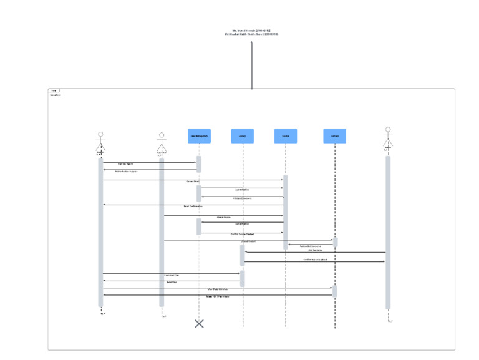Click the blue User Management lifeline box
coord(199,136)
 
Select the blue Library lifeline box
coord(243,136)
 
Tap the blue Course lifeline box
coord(286,136)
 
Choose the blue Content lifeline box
coord(334,136)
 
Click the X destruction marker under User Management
coord(199,323)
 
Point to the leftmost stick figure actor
coord(100,142)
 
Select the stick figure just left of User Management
coord(162,143)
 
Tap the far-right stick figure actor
coord(388,139)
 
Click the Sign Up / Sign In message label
coord(125,164)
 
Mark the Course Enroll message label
coord(193,182)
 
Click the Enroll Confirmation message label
coord(193,206)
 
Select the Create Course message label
coord(223,217)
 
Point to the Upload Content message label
coord(249,241)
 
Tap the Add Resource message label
coord(314,250)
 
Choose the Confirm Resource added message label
coord(315,260)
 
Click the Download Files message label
coord(172,275)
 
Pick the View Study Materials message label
coord(217,289)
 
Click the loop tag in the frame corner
coord(54,91)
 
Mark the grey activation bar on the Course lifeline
coord(286,212)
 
